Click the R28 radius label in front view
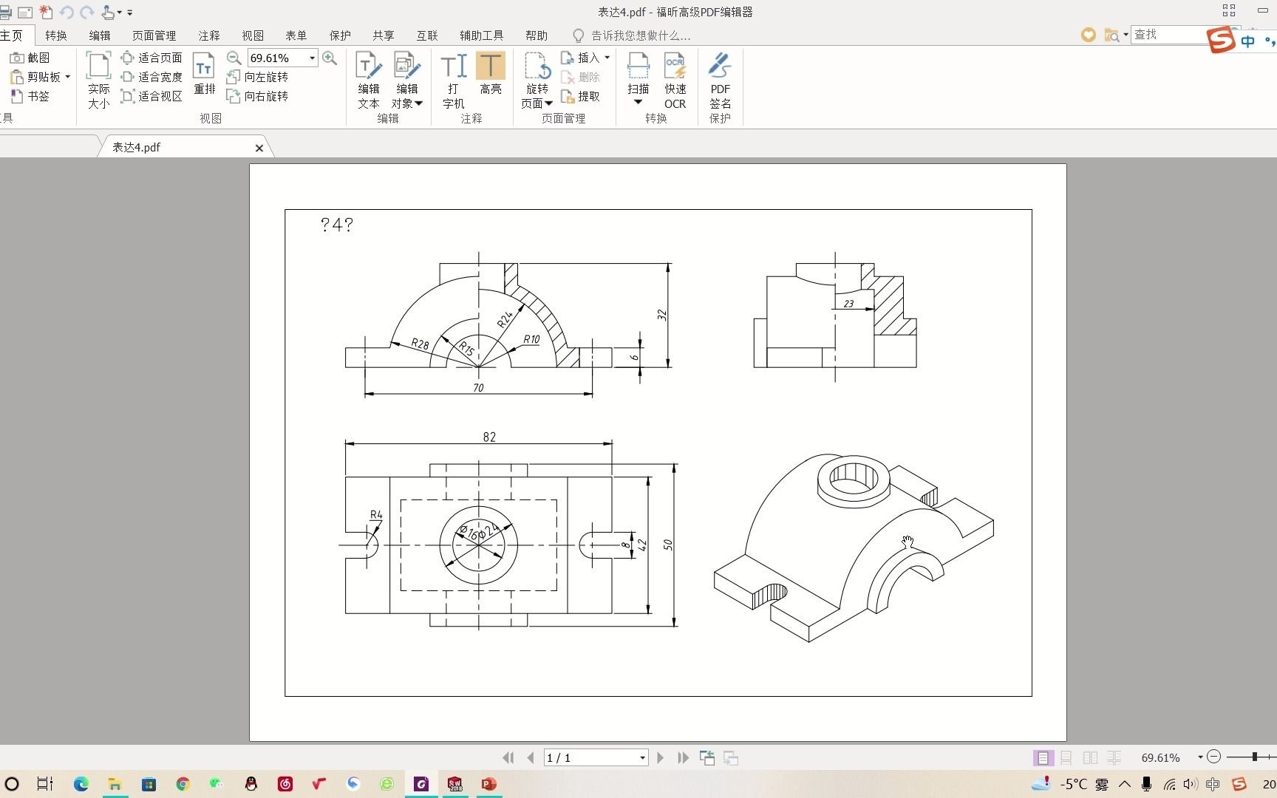tap(420, 344)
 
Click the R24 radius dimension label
tap(505, 319)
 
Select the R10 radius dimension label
tap(531, 340)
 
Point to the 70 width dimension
tap(478, 388)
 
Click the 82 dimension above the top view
tap(489, 437)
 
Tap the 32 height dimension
tap(662, 315)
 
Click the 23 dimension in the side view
tap(848, 304)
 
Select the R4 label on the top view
tap(376, 514)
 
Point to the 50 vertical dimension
tap(668, 545)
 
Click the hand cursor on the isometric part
tap(907, 543)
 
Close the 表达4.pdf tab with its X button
tap(259, 148)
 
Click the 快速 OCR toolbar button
tap(675, 81)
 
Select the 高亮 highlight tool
tap(490, 74)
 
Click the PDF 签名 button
tap(720, 81)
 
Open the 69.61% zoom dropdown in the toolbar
tap(312, 58)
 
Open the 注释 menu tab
tap(209, 35)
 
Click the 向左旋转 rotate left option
tap(258, 77)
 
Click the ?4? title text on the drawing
tap(337, 225)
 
